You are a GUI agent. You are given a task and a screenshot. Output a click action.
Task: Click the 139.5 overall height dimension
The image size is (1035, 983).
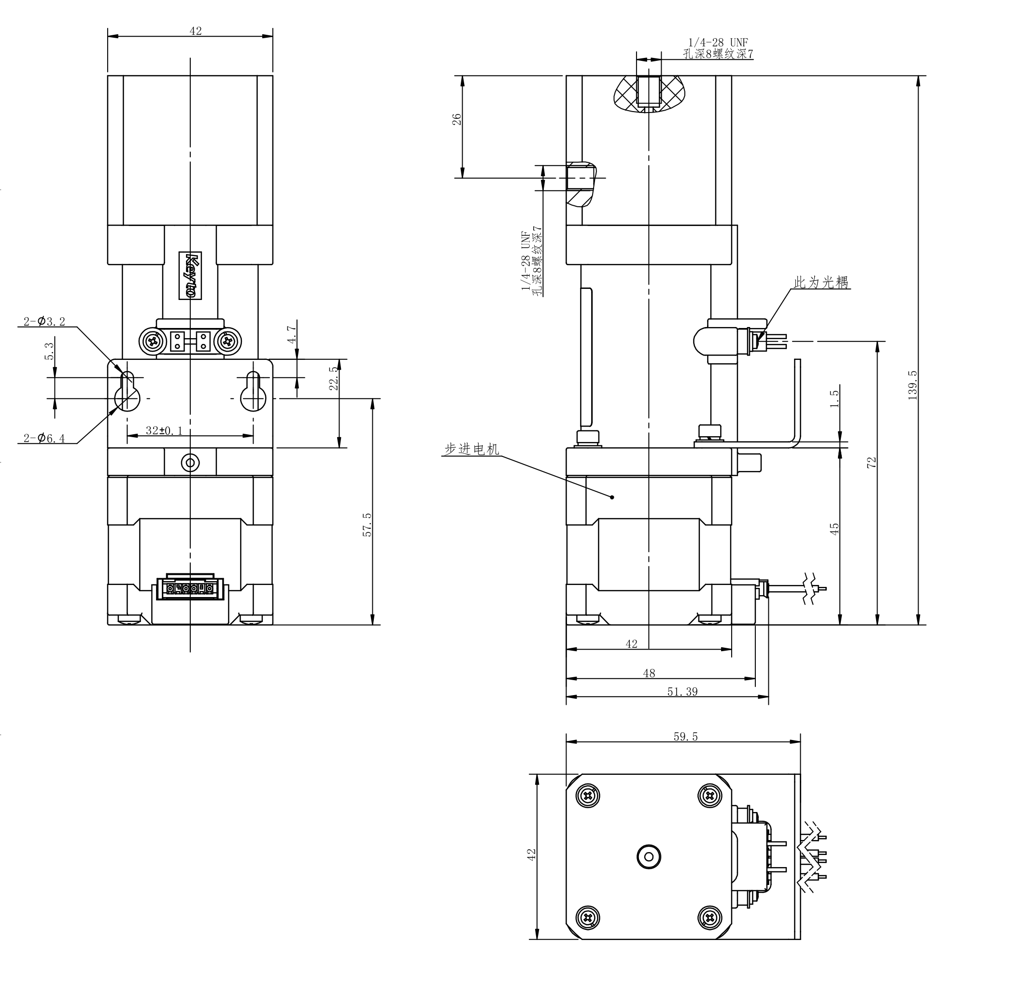point(912,385)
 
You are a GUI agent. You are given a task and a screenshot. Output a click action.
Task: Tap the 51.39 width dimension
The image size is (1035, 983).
point(682,692)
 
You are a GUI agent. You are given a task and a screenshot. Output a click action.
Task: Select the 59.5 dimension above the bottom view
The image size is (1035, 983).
point(685,737)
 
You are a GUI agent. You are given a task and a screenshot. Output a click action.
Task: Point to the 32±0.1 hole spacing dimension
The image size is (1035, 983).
point(164,431)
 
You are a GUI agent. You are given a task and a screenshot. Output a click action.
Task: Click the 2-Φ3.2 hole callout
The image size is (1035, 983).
point(44,322)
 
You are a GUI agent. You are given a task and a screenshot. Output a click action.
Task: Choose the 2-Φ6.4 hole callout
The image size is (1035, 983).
point(44,438)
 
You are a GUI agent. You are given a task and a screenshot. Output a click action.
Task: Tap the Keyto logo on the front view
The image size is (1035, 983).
point(191,276)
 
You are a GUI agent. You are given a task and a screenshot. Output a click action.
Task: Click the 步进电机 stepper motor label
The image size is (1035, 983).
point(471,449)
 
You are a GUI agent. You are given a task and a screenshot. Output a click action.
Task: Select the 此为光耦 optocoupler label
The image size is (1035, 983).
point(821,283)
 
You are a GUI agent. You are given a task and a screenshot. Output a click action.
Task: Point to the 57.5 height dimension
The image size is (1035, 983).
point(367,525)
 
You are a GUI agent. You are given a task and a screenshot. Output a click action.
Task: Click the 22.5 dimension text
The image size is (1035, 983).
point(334,378)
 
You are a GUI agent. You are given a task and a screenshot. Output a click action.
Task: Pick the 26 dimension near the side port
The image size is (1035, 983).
point(457,119)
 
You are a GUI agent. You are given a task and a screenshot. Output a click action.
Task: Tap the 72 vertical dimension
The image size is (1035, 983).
point(871,462)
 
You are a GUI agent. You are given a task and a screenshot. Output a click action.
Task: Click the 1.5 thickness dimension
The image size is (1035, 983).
point(835,399)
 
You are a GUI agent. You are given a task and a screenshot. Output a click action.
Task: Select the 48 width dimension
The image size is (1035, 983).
point(649,673)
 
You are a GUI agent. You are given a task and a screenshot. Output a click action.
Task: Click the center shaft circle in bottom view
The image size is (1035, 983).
point(649,857)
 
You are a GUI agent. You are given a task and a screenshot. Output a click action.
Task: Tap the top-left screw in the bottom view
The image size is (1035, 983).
point(588,797)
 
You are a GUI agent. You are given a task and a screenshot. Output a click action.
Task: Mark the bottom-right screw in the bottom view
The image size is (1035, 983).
point(710,918)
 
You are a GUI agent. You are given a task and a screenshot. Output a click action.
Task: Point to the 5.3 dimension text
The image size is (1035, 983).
point(49,351)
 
